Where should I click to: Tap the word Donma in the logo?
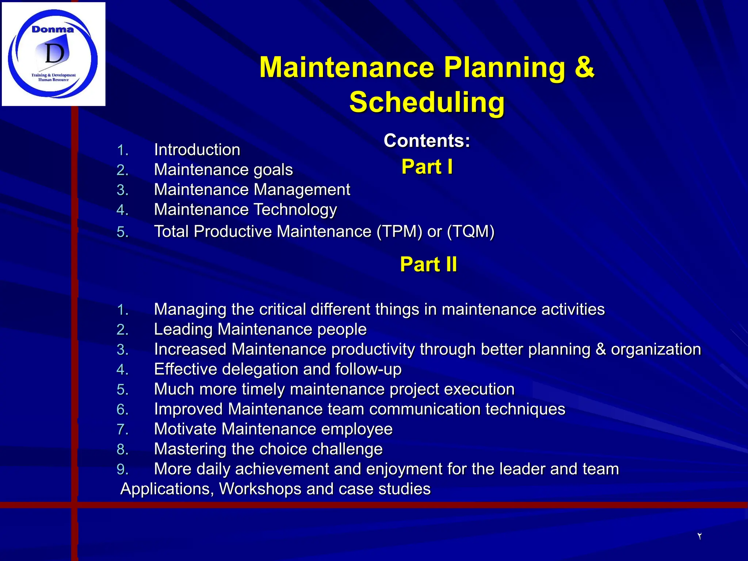[x=53, y=30]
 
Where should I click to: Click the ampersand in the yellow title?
[x=584, y=67]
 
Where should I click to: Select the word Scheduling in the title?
[x=427, y=102]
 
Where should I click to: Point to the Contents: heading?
[x=427, y=141]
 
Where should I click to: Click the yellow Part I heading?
[x=427, y=167]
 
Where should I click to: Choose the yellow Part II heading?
[x=428, y=264]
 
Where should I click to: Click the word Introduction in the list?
[x=197, y=150]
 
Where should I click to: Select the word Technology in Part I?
[x=295, y=210]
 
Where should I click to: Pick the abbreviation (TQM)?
[x=471, y=232]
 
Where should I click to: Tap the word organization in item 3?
[x=656, y=350]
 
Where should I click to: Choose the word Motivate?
[x=185, y=429]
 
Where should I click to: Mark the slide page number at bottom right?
[x=699, y=536]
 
